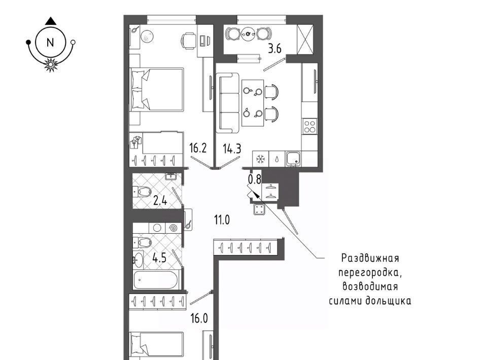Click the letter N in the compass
(50, 43)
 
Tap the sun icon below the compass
(50, 64)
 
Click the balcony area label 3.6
(274, 49)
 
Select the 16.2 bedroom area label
(198, 148)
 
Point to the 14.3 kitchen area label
(232, 149)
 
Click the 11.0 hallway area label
(222, 220)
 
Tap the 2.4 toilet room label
(160, 201)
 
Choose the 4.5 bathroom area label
(160, 257)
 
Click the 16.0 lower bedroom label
(199, 318)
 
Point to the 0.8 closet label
(254, 179)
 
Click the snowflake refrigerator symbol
(260, 159)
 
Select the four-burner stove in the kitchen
(309, 126)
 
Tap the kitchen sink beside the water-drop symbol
(293, 159)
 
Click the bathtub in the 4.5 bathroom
(156, 280)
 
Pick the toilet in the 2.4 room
(142, 192)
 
